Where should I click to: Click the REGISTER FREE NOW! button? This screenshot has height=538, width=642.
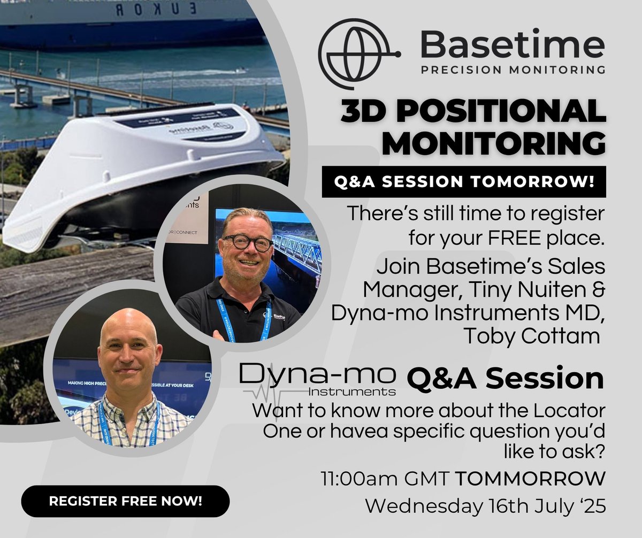click(125, 501)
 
